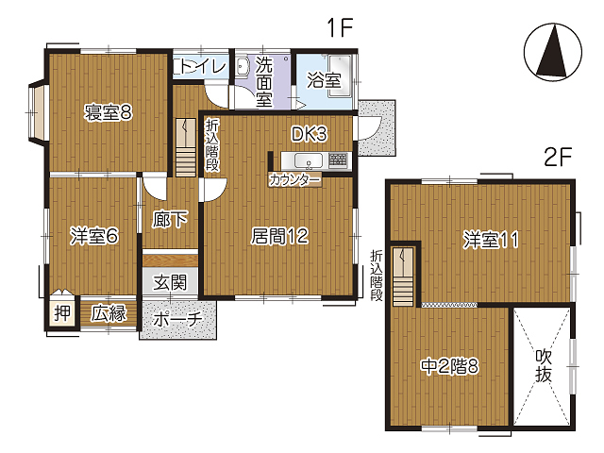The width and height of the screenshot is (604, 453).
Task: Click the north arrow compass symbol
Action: coord(553,52)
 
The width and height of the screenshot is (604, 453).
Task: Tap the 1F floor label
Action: coord(340,27)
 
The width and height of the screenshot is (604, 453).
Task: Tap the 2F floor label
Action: coord(558,157)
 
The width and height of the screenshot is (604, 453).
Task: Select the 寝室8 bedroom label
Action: coord(109,112)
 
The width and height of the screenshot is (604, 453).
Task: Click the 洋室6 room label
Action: coord(94,236)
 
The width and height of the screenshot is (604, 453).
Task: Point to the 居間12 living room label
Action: coord(279,236)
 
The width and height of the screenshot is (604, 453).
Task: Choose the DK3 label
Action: coord(309,134)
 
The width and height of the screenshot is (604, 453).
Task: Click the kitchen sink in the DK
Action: coord(309,160)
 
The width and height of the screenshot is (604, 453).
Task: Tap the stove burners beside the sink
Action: coord(338,159)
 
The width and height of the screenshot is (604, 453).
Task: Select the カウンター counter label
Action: coord(295,180)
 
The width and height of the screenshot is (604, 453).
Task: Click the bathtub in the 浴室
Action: coord(340,75)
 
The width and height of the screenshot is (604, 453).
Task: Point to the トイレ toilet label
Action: coord(204,67)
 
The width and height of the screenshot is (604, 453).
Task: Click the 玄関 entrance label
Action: coord(170,283)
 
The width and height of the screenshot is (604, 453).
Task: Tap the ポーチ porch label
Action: coord(177,319)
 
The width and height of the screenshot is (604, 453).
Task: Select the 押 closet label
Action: coord(62,312)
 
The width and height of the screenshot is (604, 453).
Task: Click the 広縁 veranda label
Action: coord(109,313)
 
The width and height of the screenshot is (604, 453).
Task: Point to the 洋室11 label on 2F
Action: coord(491,240)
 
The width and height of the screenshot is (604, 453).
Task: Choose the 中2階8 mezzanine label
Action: coord(450,366)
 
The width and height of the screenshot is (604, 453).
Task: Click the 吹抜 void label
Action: coord(544,366)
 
